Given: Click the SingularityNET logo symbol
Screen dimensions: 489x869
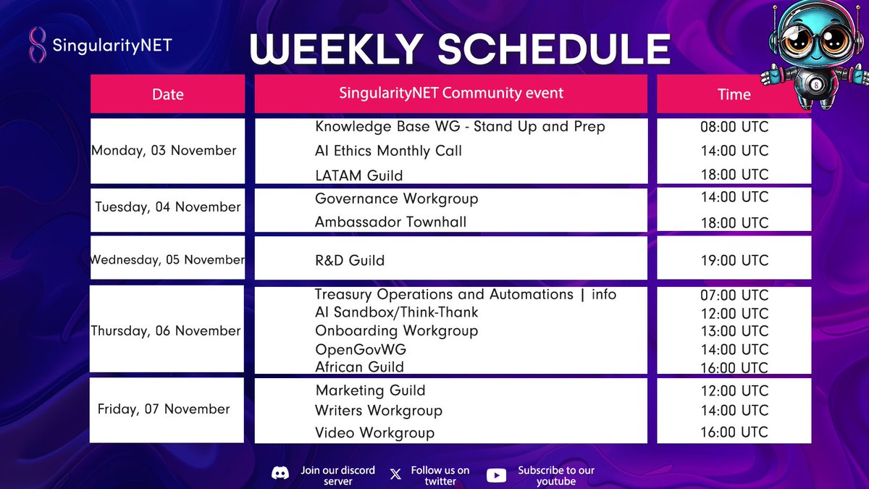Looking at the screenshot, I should pos(36,45).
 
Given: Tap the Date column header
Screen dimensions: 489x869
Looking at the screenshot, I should pos(167,94).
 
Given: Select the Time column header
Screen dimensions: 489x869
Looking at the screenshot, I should pos(734,94).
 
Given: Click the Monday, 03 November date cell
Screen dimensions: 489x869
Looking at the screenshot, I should pos(164,151).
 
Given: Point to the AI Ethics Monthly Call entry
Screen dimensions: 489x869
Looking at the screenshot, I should pos(388,151).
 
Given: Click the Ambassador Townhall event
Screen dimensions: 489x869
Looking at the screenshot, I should pos(390,222).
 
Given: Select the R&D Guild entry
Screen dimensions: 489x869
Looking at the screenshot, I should pos(350,260).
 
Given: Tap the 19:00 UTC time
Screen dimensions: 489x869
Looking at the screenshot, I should pos(734,260).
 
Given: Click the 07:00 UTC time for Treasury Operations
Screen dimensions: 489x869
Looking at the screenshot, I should pos(734,296).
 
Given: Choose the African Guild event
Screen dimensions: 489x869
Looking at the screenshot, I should pos(359,367).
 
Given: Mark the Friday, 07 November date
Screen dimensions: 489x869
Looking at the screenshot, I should pos(164,409).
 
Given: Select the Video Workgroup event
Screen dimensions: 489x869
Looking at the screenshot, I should pos(374,432).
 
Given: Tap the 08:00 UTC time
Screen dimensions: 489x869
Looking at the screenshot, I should pos(734,128).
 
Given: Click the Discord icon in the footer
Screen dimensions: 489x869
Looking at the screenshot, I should pos(280,475).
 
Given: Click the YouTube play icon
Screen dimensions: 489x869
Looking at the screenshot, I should pos(496,475).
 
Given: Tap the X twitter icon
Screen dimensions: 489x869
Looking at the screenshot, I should pos(395,475).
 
